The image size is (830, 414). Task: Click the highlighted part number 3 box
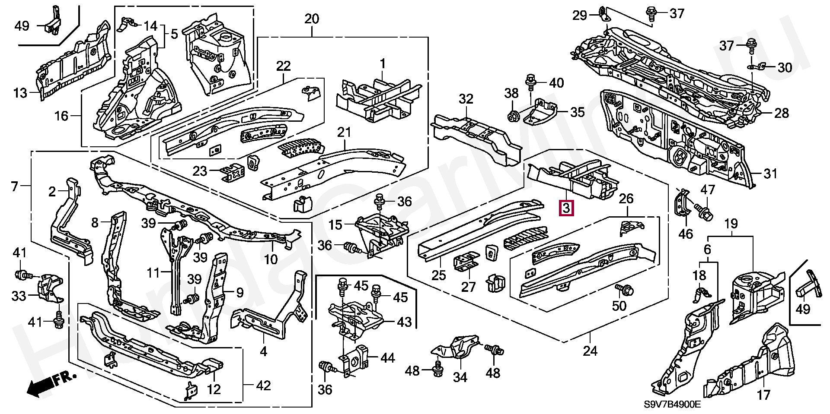567,209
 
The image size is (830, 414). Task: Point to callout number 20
312,19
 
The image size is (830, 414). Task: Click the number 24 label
590,351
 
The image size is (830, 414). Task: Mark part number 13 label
20,93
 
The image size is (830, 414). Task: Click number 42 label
264,385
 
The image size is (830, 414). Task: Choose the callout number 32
466,99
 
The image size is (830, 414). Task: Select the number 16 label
62,116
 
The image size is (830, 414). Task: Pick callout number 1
383,65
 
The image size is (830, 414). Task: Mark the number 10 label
271,259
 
